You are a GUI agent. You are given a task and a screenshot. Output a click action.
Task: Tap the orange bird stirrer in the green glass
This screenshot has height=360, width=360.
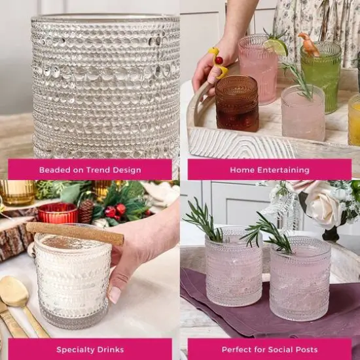click(x=308, y=44)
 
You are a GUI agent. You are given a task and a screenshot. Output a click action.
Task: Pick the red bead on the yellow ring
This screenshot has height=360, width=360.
click(x=219, y=60)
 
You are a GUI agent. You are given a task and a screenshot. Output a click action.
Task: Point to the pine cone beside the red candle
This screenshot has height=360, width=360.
click(x=86, y=211)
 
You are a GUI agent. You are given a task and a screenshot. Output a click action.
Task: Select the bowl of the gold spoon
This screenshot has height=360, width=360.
click(x=14, y=291)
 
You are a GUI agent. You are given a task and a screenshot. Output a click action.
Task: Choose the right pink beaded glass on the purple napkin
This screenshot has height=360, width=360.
click(x=300, y=279)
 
